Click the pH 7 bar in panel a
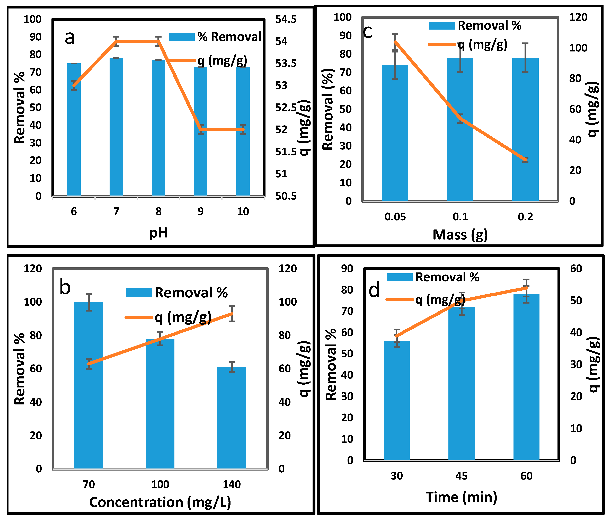point(116,127)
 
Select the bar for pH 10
point(243,131)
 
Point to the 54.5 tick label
point(286,20)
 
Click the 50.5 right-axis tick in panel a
point(286,196)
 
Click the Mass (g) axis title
point(460,235)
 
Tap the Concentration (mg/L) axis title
point(160,502)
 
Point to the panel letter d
point(375,290)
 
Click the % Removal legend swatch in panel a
point(182,37)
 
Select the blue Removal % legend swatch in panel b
point(139,293)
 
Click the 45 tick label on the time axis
point(462,476)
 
